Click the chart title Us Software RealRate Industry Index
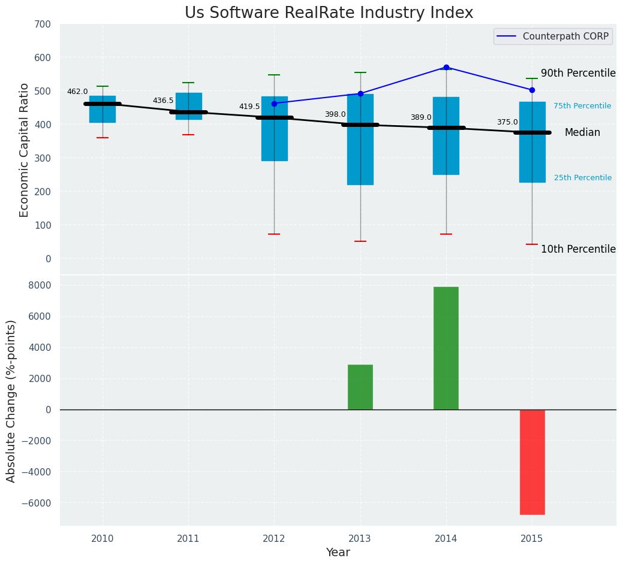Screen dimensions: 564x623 click(329, 13)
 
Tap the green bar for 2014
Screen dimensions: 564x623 click(446, 348)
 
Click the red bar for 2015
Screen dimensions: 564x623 click(532, 462)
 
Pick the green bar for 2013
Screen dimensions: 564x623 click(360, 387)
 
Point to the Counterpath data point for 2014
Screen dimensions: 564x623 click(446, 67)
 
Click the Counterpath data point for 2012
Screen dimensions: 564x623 click(274, 104)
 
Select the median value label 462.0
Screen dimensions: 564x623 click(77, 92)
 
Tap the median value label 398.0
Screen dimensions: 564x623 click(335, 114)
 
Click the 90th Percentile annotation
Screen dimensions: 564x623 click(578, 73)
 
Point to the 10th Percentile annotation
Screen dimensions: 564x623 click(578, 249)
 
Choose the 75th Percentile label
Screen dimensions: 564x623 click(582, 106)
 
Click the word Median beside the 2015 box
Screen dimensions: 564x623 click(582, 132)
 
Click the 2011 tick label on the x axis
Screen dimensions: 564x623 click(188, 539)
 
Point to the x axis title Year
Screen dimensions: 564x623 click(338, 553)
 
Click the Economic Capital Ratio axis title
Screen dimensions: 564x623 click(25, 150)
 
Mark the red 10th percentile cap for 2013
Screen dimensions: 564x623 click(360, 241)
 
